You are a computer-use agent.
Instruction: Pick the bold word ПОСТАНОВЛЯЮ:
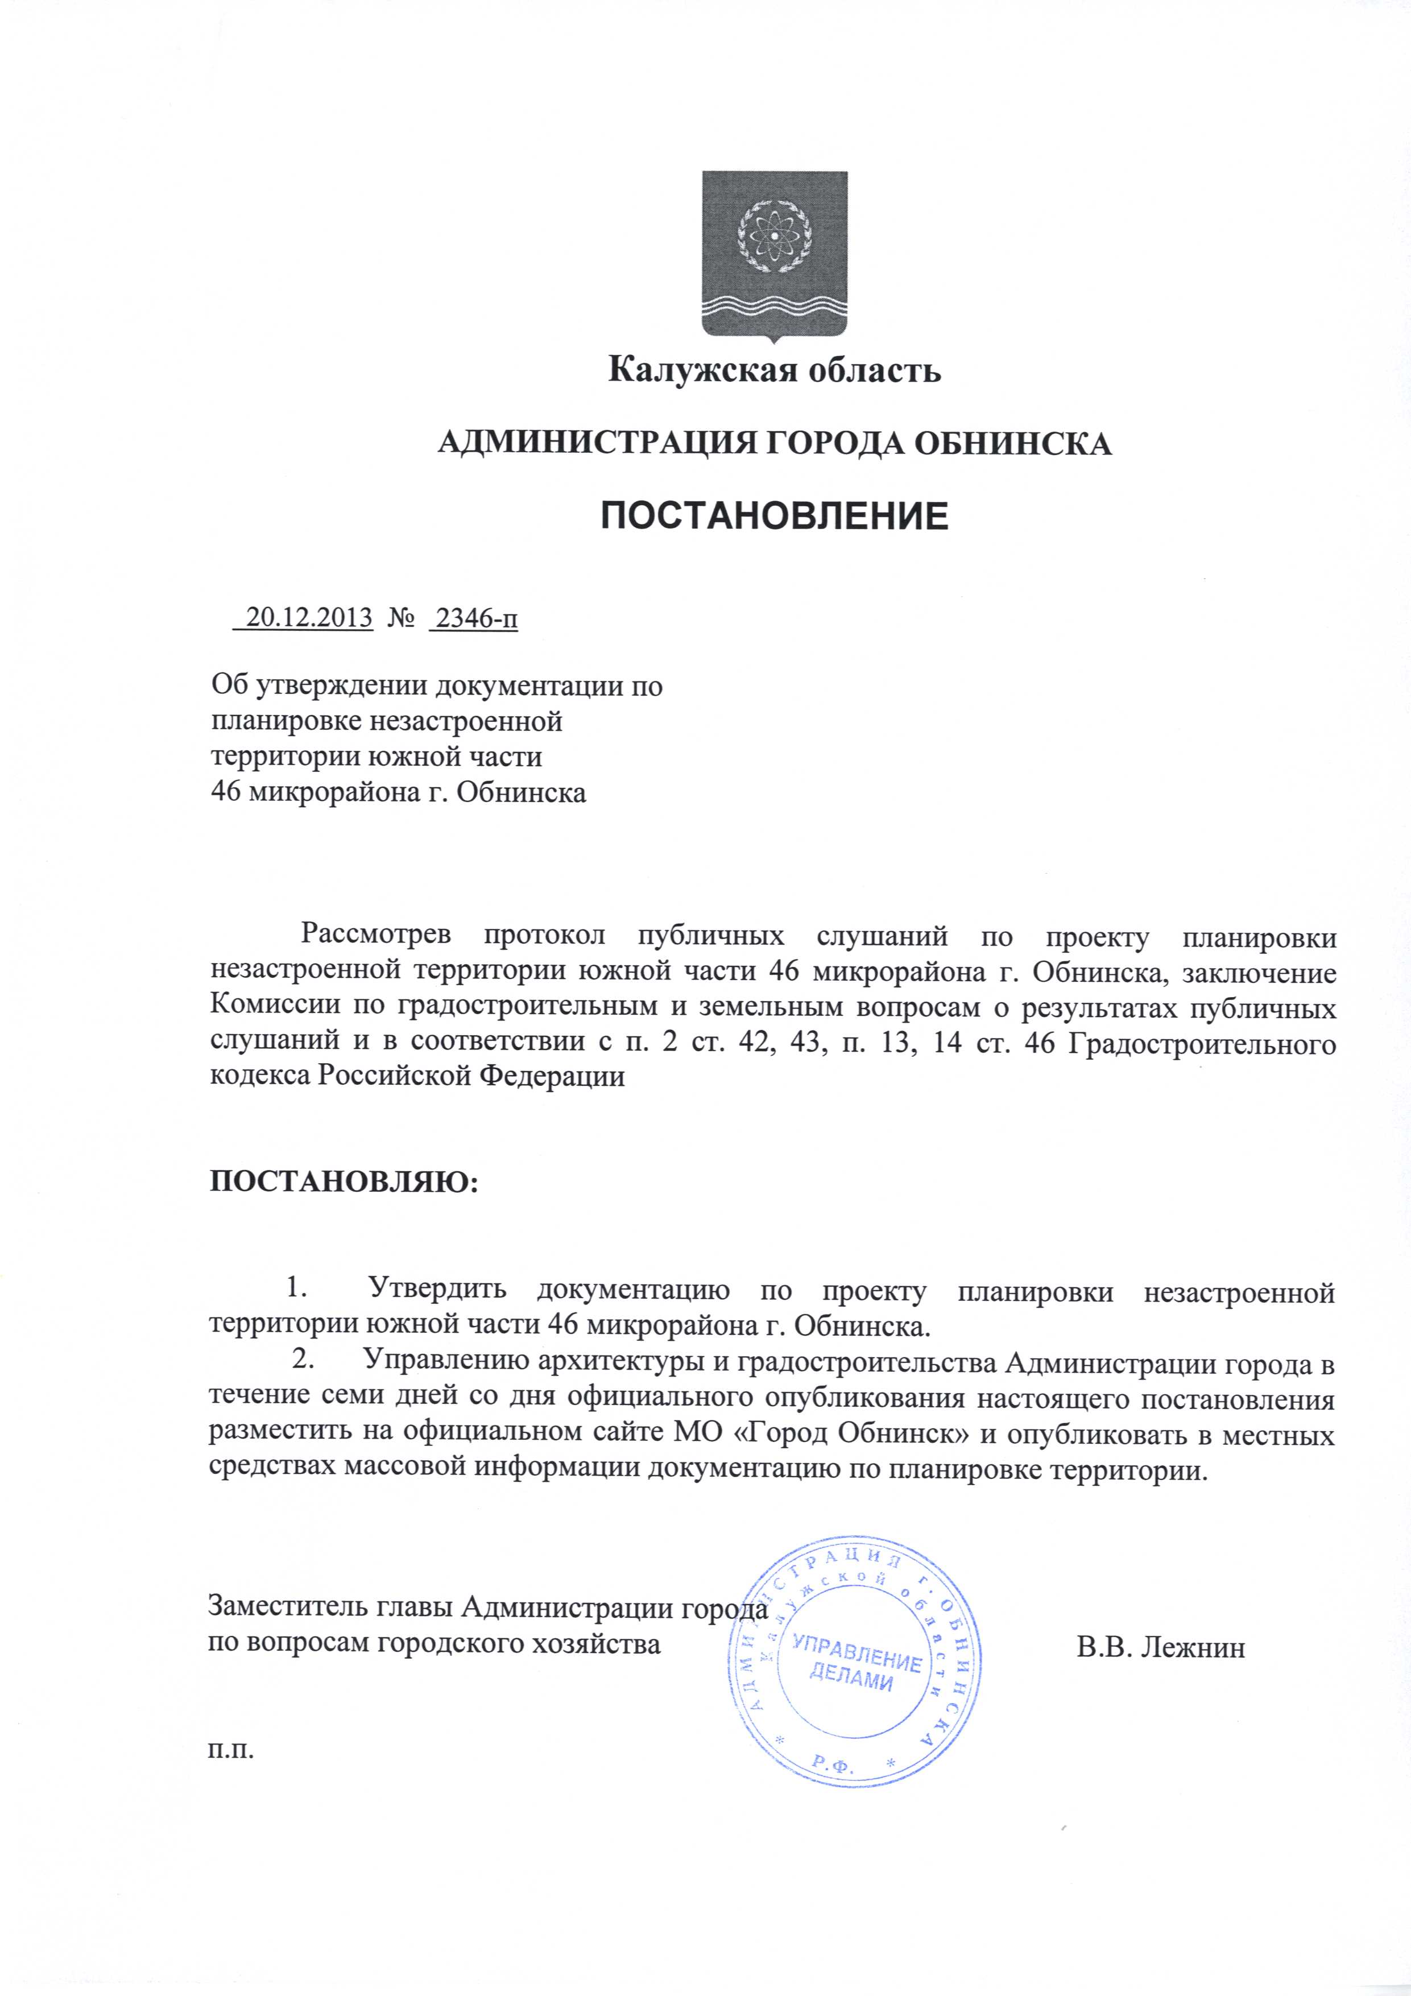click(344, 1183)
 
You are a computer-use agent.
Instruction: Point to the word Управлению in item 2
click(448, 1361)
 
